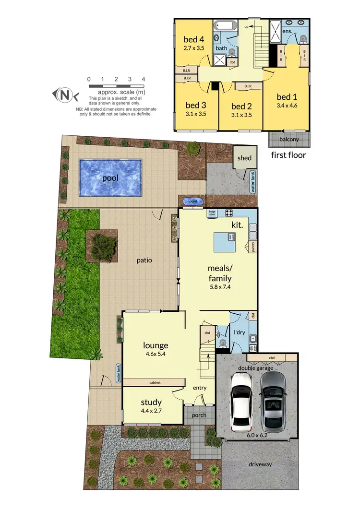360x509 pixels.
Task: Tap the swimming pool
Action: [x=110, y=178]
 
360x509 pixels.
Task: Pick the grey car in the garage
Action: [x=273, y=401]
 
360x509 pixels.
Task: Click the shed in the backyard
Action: [x=244, y=158]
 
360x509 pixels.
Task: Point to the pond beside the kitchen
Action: [x=192, y=201]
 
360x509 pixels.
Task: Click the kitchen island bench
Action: [x=225, y=242]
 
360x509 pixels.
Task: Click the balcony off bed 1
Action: [x=289, y=139]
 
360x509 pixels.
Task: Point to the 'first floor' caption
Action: [x=288, y=155]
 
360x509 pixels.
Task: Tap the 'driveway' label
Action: [x=261, y=464]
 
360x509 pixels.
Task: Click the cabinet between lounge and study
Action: [x=154, y=382]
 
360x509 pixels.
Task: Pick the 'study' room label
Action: [x=151, y=402]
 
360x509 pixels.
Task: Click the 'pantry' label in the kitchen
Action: [x=252, y=247]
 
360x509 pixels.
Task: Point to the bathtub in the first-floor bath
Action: [x=222, y=25]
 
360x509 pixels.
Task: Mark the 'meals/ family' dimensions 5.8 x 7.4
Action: [x=220, y=287]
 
